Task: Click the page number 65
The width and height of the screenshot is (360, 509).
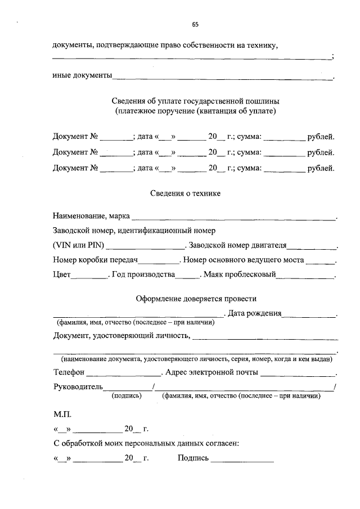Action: click(x=195, y=24)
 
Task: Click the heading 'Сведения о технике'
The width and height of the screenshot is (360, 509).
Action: click(x=186, y=193)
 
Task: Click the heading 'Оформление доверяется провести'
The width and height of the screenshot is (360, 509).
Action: click(x=196, y=299)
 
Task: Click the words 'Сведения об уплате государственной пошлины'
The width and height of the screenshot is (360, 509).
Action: click(x=195, y=101)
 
